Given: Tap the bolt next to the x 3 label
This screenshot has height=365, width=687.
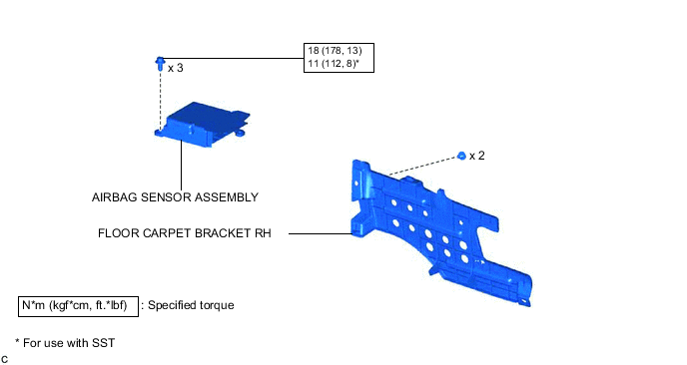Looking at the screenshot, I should [160, 64].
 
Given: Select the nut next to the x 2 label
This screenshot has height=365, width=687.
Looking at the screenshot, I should [461, 156].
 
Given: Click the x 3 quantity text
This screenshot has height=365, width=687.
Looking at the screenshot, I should [176, 68].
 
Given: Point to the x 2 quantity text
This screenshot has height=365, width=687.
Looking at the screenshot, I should [477, 157].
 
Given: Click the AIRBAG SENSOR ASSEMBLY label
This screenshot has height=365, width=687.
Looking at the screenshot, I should [175, 197].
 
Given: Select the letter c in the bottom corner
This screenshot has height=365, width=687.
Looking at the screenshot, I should [5, 357].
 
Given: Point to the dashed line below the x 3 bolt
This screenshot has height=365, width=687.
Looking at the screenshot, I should [160, 100].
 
